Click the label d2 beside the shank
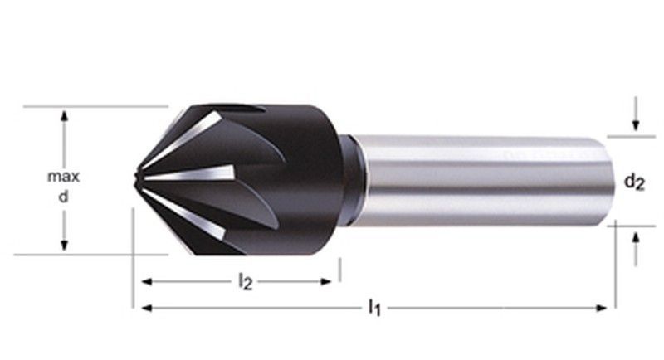634,180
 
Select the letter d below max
63,198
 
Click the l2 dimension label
245,283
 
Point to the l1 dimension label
374,309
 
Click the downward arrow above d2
635,124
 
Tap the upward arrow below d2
635,237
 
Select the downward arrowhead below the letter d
63,246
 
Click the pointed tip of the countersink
135,176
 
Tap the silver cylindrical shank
481,178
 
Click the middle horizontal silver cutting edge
191,174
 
